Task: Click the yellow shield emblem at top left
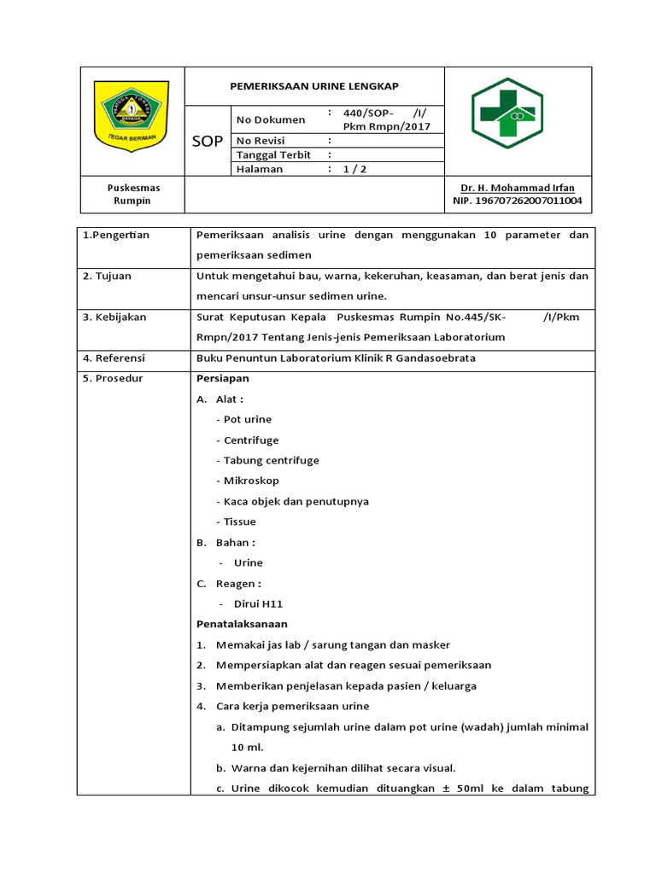131,116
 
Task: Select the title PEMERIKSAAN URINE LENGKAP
314,86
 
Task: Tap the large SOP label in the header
208,141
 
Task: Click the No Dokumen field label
270,119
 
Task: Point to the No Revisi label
261,141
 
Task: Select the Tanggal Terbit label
273,154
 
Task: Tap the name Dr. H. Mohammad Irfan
518,188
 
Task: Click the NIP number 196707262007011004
518,201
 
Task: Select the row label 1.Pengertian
116,235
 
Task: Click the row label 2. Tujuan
108,277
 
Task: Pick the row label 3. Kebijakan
114,317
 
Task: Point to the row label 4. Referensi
114,358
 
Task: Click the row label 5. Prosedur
112,379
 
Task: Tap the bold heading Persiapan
222,379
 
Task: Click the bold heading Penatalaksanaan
242,624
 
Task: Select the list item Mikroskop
251,481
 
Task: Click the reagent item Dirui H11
258,604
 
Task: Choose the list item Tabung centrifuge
271,461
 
